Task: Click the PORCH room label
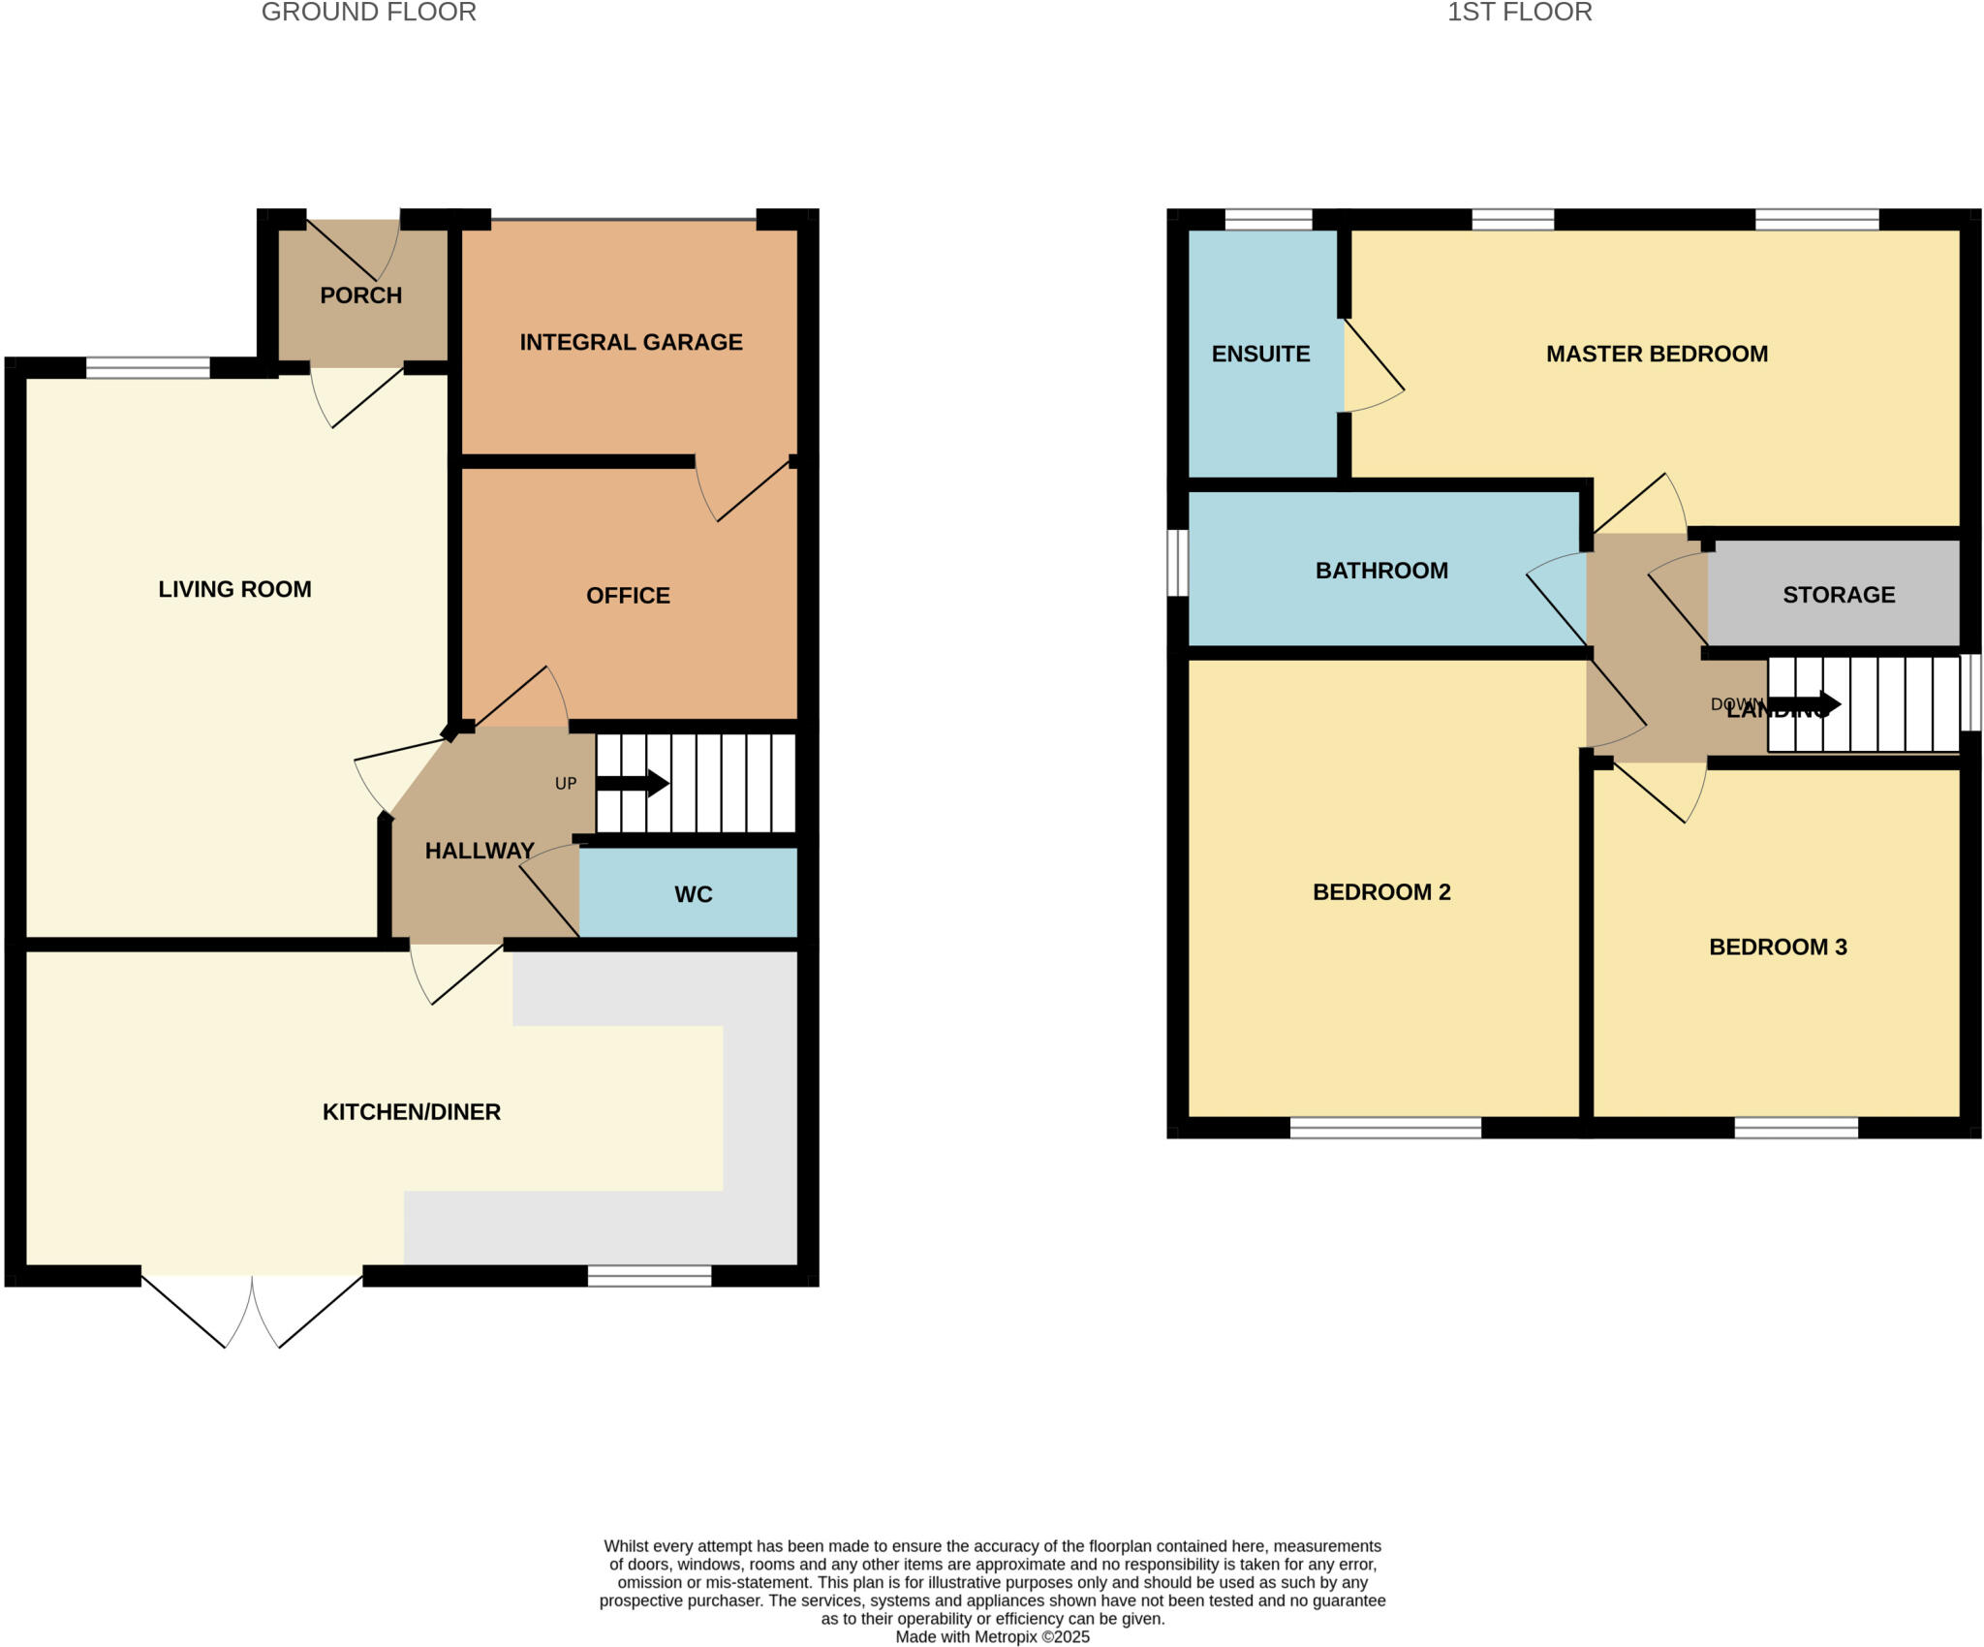click(360, 295)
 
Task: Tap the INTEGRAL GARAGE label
click(631, 342)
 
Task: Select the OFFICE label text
click(628, 596)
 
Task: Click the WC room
click(693, 894)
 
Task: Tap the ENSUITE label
click(1260, 355)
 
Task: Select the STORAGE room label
click(1838, 595)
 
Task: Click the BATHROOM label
click(1380, 571)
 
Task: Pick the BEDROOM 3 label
click(1777, 948)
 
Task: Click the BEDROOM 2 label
click(1380, 892)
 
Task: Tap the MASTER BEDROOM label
click(1656, 355)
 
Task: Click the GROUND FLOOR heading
click(368, 13)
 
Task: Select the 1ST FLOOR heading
click(1519, 13)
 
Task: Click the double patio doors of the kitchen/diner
click(252, 1308)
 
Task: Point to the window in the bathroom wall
click(1177, 562)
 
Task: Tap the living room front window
click(147, 367)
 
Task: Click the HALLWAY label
click(480, 851)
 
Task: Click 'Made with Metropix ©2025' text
click(992, 1636)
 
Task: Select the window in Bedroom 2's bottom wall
click(1384, 1128)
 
